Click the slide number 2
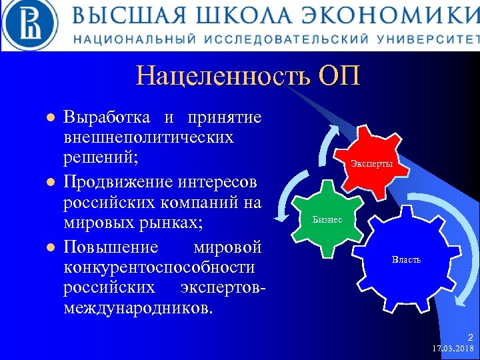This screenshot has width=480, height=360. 470,337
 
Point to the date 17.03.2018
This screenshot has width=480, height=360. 453,349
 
